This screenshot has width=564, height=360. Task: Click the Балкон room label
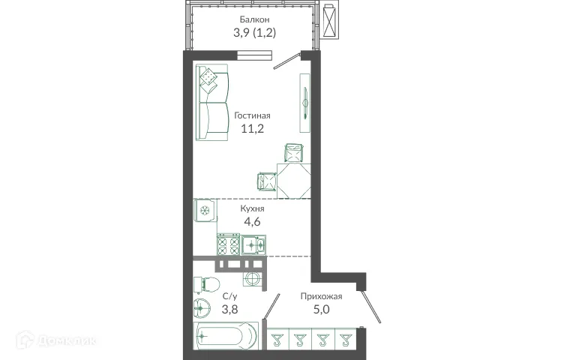tap(254, 19)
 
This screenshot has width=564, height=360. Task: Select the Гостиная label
tap(252, 115)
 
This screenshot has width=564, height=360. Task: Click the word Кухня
tap(252, 208)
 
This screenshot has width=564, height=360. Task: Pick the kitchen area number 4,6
tap(251, 222)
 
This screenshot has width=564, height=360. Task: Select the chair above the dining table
tap(293, 154)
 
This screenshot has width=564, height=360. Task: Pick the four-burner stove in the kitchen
tap(229, 244)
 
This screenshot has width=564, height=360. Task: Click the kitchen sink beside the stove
tap(253, 244)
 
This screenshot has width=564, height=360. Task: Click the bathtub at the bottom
tap(226, 335)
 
